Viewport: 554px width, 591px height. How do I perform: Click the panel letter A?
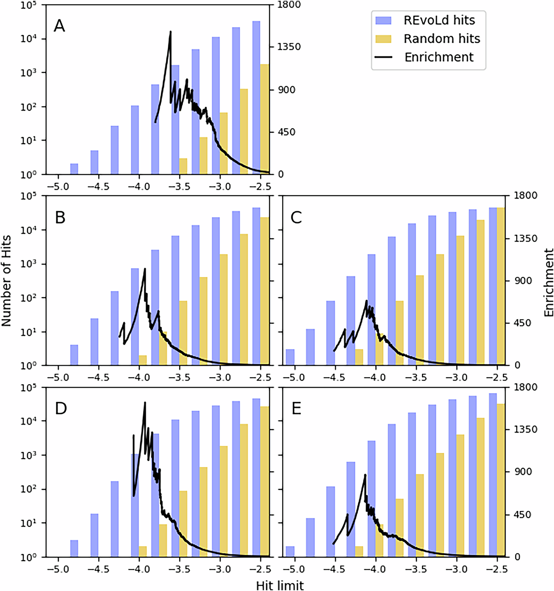point(59,26)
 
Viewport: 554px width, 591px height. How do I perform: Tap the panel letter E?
point(296,409)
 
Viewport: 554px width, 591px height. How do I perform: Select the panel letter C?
point(296,217)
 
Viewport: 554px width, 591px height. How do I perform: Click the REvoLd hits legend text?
point(439,20)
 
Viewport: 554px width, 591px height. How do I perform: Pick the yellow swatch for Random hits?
point(383,39)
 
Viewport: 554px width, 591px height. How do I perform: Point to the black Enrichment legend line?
point(383,57)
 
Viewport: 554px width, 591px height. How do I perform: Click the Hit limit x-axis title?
point(280,585)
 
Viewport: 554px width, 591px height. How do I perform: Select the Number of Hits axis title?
point(6,281)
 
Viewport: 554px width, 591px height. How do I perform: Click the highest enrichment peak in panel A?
point(171,32)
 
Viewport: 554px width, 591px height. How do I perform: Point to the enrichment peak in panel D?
point(145,403)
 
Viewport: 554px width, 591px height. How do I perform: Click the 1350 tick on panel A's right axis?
point(289,47)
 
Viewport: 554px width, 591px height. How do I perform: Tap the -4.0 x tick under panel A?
point(139,186)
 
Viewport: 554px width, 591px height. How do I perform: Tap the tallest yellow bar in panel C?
point(500,285)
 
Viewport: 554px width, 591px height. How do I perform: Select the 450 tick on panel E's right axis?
point(525,515)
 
